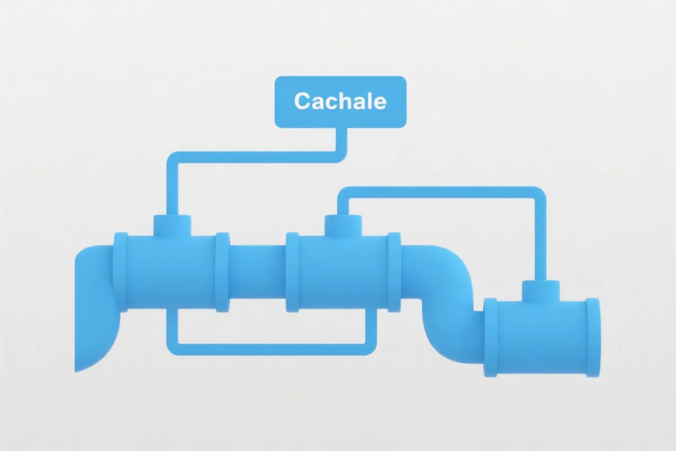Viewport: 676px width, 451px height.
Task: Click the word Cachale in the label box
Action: pyautogui.click(x=340, y=101)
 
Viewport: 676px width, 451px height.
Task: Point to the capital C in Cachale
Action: pyautogui.click(x=302, y=101)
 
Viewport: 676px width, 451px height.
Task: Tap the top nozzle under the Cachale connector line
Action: pyautogui.click(x=172, y=226)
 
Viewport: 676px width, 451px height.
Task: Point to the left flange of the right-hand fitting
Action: pyautogui.click(x=491, y=337)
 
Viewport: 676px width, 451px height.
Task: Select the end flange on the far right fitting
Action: pyautogui.click(x=593, y=337)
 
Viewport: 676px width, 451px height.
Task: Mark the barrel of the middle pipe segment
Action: pyautogui.click(x=343, y=273)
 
